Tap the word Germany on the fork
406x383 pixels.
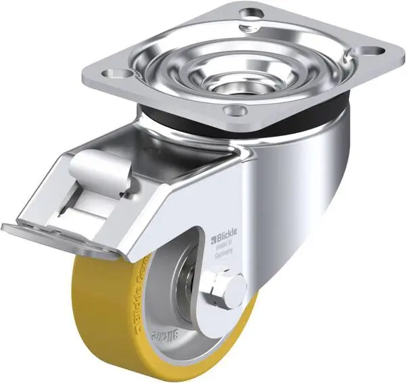coord(226,251)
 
